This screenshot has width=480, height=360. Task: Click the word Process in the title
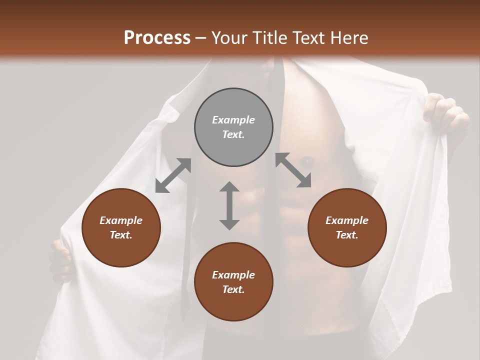[157, 38]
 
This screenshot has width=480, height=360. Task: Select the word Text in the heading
[307, 38]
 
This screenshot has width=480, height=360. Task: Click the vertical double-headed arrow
[229, 205]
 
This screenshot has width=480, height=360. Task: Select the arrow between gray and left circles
[173, 175]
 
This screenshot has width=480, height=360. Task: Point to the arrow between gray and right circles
[293, 170]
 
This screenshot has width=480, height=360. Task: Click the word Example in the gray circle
[233, 120]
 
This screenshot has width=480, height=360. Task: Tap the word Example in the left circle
[121, 220]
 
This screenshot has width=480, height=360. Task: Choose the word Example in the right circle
[347, 220]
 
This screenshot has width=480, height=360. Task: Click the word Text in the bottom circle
[233, 289]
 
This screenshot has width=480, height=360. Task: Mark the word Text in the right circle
[347, 235]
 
